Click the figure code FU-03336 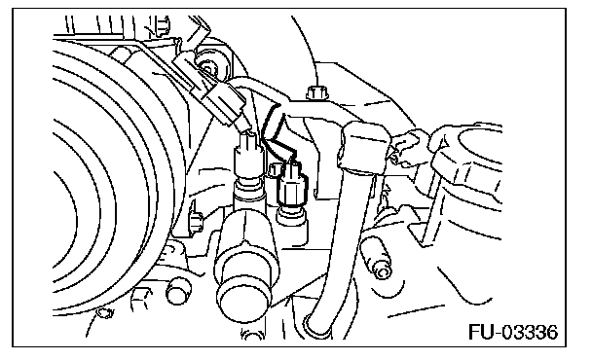click(513, 332)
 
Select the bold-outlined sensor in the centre click(292, 186)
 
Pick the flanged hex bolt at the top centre click(316, 92)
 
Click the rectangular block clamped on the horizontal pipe click(363, 147)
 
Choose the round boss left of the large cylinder click(177, 291)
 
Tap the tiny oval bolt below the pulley click(104, 312)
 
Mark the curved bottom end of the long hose click(316, 325)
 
